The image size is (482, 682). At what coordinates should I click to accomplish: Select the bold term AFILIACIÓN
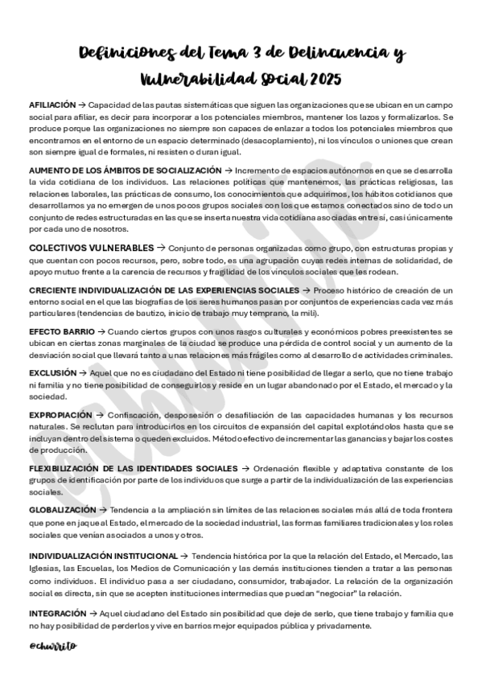coord(51,105)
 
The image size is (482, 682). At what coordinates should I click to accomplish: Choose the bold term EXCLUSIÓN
coord(52,373)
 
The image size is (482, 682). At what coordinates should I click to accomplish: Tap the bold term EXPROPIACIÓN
coord(60,415)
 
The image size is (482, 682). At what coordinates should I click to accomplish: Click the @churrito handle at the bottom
coord(54,645)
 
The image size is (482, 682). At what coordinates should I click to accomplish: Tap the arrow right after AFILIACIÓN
coord(81,105)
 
